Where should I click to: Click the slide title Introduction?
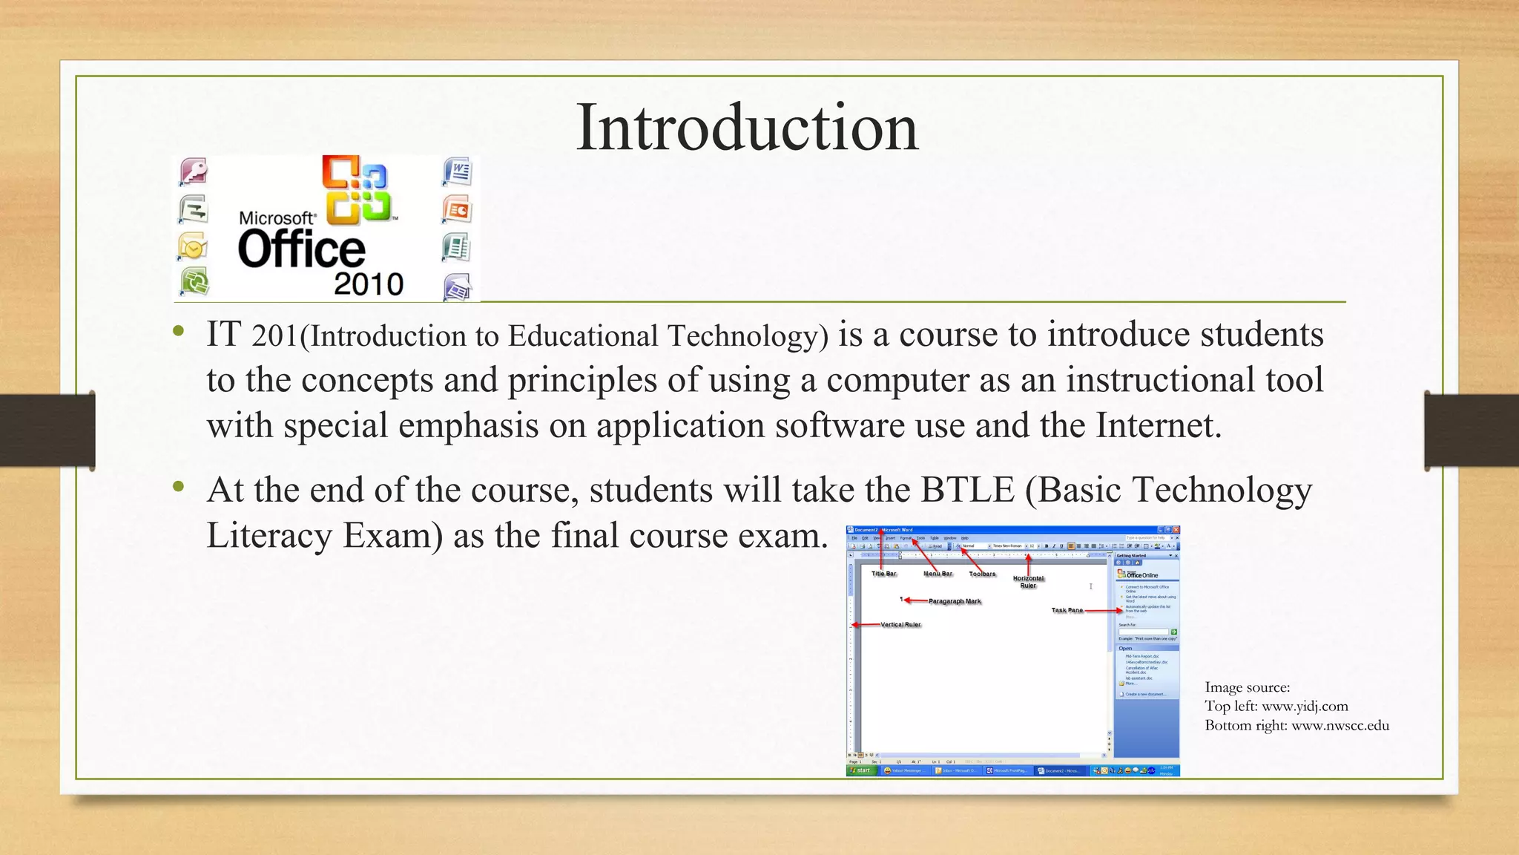747,128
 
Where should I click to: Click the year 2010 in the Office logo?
368,284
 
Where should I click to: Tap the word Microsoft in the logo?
277,218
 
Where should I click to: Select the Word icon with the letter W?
458,172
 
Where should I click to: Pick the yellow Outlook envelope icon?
193,247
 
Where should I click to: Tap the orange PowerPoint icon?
458,210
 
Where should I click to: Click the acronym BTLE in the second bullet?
967,490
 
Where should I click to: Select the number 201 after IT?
274,336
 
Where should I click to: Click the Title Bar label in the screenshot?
883,574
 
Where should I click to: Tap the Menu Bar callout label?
938,574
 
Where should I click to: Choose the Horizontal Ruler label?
1028,582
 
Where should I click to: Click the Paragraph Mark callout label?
955,601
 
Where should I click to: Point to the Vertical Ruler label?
900,625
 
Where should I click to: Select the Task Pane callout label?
1067,610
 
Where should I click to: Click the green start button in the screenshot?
861,770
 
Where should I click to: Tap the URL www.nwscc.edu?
1340,726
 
